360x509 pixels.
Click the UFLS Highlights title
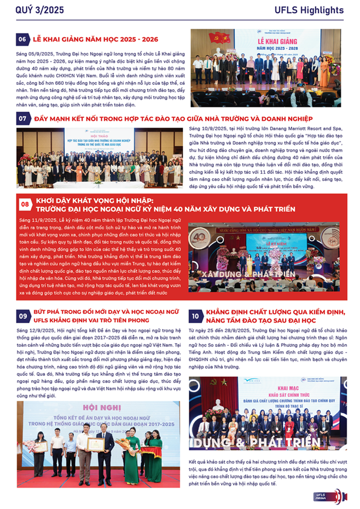pos(316,10)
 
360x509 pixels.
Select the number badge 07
pos(23,118)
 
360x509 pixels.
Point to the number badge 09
pos(23,316)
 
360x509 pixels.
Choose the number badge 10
pos(195,316)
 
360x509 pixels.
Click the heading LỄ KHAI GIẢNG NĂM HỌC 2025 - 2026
pos(95,39)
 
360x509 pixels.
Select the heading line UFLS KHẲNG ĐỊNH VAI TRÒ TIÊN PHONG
pos(91,320)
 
